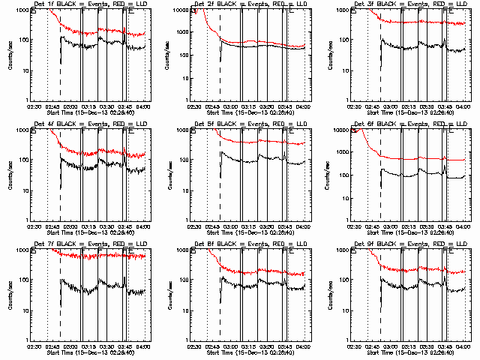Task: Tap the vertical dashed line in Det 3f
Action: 381,67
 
